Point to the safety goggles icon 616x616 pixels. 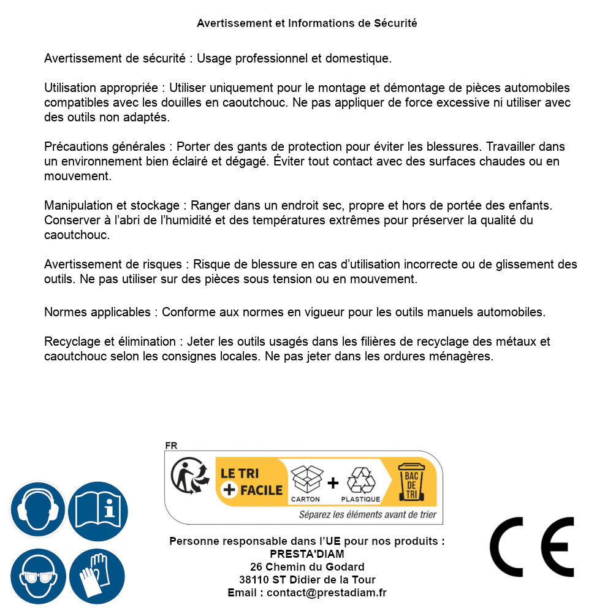click(x=37, y=576)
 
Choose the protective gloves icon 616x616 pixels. click(x=97, y=576)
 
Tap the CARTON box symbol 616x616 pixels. click(x=306, y=480)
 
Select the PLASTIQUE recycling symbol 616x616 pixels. click(x=360, y=480)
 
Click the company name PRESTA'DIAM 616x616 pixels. click(x=307, y=554)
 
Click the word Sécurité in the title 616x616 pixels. click(x=395, y=23)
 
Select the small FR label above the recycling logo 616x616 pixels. click(x=171, y=446)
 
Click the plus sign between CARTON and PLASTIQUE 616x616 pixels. click(x=333, y=482)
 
